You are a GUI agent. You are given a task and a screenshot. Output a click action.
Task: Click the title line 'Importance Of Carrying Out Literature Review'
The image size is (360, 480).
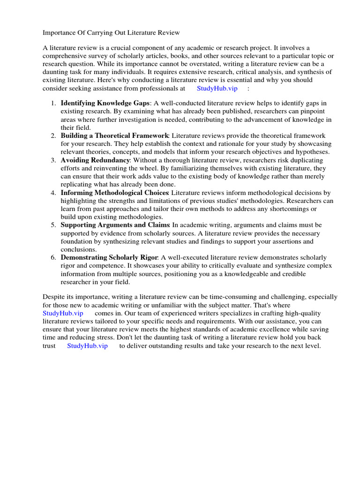(111, 32)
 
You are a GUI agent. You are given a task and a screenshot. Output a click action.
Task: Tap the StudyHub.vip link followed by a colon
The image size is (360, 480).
(217, 88)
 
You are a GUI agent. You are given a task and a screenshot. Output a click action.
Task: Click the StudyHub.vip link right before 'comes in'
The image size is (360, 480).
(63, 313)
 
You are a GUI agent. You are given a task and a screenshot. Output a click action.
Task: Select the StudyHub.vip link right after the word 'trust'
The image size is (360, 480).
(87, 345)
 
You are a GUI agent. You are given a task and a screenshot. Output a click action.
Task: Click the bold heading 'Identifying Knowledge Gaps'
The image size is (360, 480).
(105, 103)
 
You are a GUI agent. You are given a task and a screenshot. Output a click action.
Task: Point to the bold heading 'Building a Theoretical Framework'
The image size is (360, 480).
(114, 135)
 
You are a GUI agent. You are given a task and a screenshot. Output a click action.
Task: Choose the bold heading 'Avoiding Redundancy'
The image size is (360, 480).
(95, 160)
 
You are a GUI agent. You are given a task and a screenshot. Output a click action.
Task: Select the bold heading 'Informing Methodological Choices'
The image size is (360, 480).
(115, 193)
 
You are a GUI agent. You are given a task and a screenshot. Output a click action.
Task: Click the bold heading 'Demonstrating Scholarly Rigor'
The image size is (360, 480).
(110, 257)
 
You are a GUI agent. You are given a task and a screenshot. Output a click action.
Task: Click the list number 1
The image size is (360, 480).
(54, 103)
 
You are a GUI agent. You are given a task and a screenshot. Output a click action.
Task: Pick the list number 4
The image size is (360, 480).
(54, 193)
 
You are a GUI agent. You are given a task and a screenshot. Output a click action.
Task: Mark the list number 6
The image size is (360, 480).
(54, 257)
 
